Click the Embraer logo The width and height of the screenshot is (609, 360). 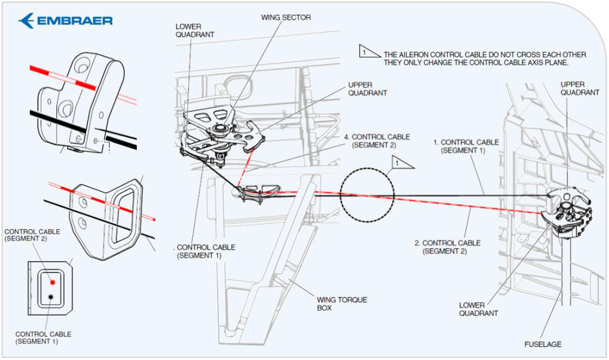coord(65,21)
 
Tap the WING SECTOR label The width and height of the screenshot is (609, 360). coord(286,17)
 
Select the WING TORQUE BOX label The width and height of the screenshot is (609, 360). coord(342,303)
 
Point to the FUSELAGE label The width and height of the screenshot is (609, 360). coord(542,344)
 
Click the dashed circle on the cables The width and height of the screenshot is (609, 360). coord(368,168)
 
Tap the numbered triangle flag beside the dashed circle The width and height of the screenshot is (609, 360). coord(401,162)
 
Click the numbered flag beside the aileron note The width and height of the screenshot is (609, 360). coord(369,51)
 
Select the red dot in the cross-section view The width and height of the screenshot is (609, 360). coord(52,282)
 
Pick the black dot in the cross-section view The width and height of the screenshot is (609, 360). coord(51,297)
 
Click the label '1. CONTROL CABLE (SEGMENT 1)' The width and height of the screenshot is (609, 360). coord(466,146)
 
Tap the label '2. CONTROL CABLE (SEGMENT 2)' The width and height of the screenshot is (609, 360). coord(447,247)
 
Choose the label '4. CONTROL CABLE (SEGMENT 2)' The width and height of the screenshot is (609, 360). coord(376,141)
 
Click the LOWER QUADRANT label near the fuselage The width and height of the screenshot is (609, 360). coord(478,309)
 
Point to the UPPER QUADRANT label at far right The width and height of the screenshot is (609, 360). coord(579,88)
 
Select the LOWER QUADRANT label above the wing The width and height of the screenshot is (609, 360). coord(194,30)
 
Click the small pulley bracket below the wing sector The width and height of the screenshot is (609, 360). coord(257,193)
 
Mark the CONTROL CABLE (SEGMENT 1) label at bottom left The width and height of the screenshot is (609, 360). coord(43,337)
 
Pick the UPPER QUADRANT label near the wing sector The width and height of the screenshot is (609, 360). coord(368,89)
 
